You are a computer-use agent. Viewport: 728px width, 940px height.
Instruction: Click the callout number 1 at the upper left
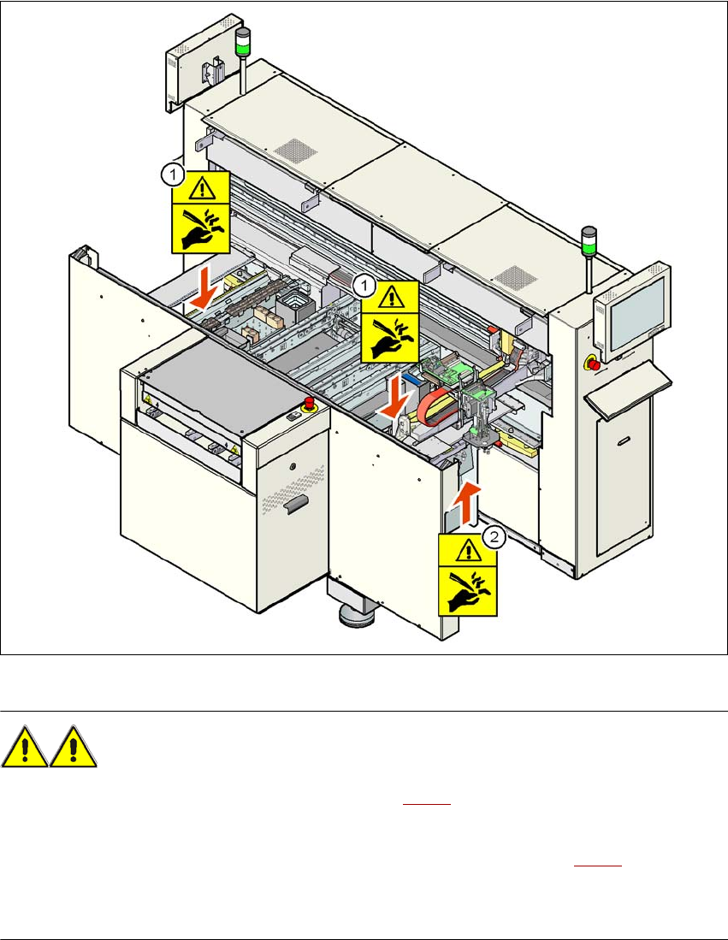point(172,175)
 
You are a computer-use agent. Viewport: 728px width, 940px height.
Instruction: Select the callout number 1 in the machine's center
point(364,283)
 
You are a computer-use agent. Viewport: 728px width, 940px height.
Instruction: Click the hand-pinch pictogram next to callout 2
point(467,589)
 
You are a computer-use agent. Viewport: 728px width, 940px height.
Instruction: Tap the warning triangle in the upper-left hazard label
point(201,186)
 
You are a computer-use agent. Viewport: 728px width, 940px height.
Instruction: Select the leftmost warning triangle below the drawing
point(26,748)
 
